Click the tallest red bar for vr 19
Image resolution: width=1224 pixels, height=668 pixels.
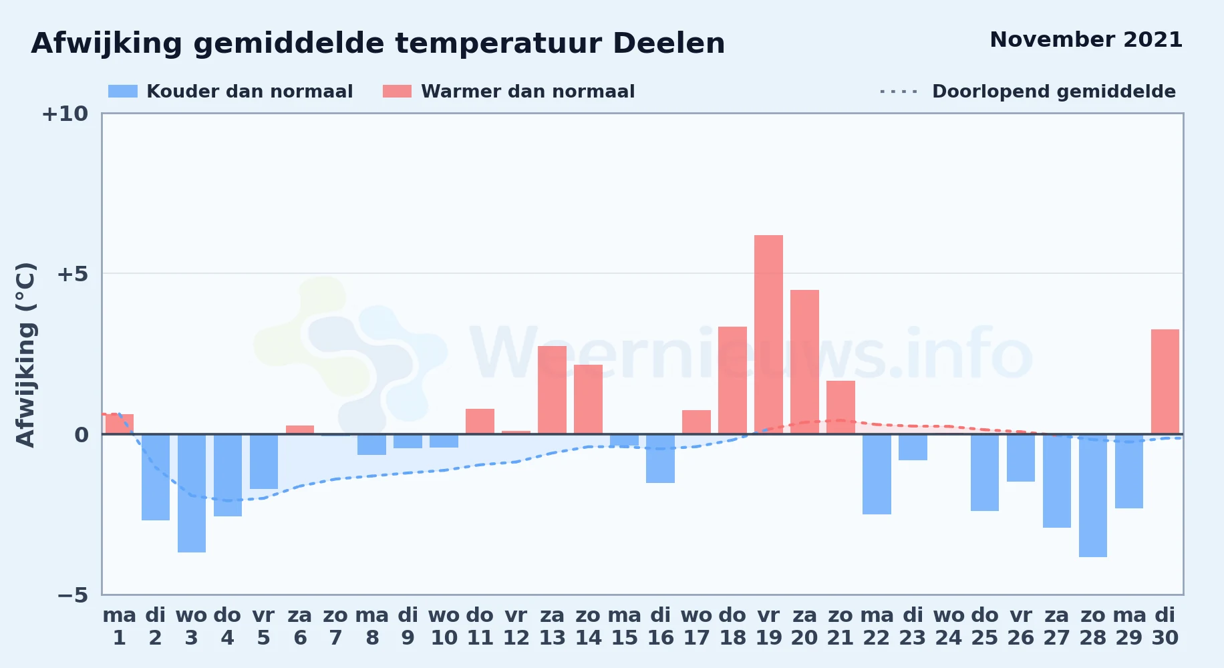click(x=768, y=335)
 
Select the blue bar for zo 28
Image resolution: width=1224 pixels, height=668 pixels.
click(x=1093, y=496)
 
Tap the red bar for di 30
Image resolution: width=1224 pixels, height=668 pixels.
click(x=1165, y=381)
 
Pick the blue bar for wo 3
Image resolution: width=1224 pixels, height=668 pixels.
click(x=192, y=493)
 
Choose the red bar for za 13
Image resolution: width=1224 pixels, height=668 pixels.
click(x=552, y=390)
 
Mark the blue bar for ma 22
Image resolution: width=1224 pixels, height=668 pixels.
click(x=877, y=474)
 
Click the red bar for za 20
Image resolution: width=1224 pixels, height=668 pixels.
click(x=804, y=362)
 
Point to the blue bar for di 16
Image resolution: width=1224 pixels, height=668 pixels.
click(x=660, y=458)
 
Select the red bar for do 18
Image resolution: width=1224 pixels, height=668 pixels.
click(x=732, y=380)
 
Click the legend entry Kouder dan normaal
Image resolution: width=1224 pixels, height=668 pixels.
click(x=231, y=92)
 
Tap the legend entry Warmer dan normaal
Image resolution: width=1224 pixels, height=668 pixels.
click(x=508, y=92)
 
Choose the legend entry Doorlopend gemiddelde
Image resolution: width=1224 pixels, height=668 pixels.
click(x=1028, y=92)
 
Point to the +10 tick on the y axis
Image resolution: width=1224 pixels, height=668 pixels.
click(x=65, y=114)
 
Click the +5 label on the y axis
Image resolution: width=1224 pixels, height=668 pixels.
click(x=72, y=274)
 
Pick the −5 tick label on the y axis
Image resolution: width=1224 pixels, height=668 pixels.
click(x=73, y=595)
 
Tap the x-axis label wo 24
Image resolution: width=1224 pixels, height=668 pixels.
click(x=949, y=626)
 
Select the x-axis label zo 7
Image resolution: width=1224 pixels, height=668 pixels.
click(x=336, y=626)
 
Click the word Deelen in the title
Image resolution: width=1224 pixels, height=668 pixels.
click(x=669, y=43)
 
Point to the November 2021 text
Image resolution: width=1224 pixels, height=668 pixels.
click(x=1086, y=39)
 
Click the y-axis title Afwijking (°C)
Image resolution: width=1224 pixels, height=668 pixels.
click(x=25, y=355)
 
